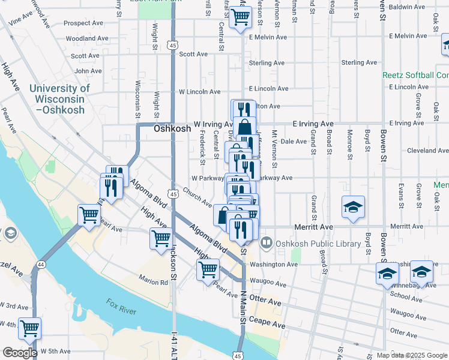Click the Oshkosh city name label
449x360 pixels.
point(172,128)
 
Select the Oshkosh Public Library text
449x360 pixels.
point(318,244)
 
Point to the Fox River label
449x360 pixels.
point(122,306)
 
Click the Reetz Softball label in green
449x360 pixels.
point(416,75)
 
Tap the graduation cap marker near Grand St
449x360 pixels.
point(353,207)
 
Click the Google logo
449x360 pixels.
point(20,353)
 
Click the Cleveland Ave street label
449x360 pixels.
point(428,151)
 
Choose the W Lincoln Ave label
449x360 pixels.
point(200,92)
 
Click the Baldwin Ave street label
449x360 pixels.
point(407,7)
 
